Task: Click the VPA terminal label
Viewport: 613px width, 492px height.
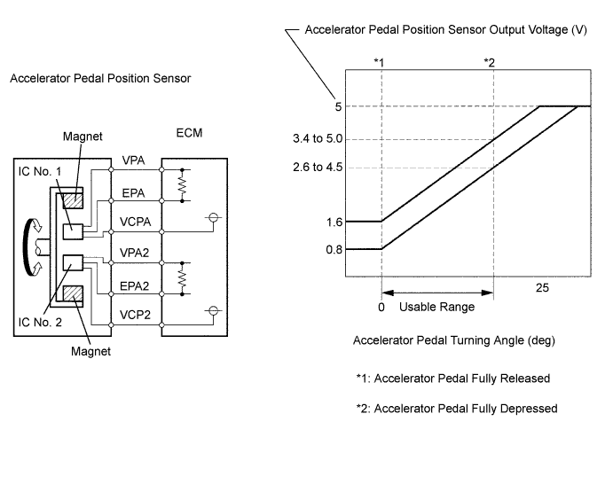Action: [x=133, y=160]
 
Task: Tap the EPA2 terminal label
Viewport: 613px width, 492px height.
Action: [x=135, y=286]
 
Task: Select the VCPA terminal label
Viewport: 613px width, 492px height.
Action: [x=135, y=222]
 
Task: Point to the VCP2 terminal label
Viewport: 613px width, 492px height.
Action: [x=135, y=315]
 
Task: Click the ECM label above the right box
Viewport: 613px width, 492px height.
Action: [x=189, y=133]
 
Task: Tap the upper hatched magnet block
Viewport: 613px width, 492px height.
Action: [x=73, y=200]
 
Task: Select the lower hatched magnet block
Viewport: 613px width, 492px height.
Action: [x=73, y=293]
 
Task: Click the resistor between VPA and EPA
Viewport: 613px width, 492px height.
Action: [x=182, y=185]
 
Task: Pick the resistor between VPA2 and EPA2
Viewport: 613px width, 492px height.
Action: [x=182, y=278]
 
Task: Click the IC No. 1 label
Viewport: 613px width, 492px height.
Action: [x=40, y=171]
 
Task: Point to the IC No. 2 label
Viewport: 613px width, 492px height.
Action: [x=40, y=322]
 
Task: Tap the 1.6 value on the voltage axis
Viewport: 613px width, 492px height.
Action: [x=334, y=222]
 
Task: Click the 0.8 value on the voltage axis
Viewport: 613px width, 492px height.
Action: [x=334, y=249]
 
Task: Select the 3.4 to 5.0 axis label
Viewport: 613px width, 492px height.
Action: [x=318, y=138]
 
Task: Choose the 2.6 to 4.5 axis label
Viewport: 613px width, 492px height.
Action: [x=318, y=167]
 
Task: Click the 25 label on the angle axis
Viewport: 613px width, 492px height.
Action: [x=542, y=288]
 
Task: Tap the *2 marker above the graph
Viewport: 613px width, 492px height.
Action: [x=489, y=62]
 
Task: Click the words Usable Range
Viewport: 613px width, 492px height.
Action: [x=436, y=307]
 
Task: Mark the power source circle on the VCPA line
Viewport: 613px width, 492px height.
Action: [x=213, y=217]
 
